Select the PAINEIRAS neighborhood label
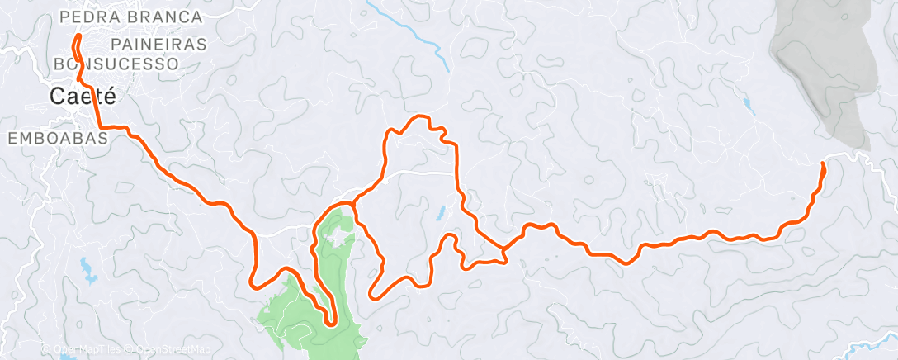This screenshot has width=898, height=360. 158,44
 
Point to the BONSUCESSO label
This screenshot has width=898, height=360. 116,63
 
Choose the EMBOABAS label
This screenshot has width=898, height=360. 58,139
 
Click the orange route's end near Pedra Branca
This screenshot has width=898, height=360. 77,37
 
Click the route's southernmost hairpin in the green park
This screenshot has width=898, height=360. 331,323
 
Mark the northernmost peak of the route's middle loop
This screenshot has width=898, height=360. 421,116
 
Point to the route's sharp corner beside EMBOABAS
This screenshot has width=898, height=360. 102,126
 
